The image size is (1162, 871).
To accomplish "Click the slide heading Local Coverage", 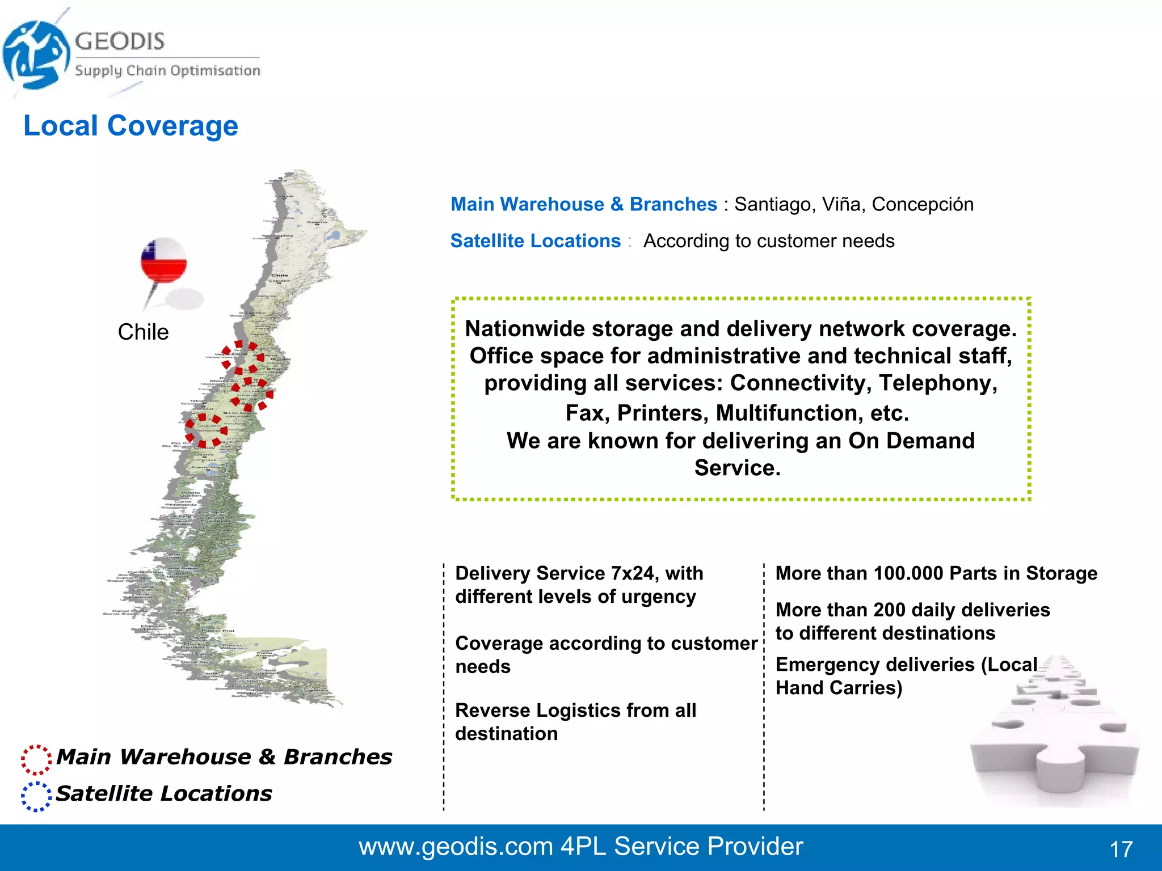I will [130, 126].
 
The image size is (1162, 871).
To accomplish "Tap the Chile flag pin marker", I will [164, 260].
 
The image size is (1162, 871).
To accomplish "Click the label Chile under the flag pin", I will [143, 332].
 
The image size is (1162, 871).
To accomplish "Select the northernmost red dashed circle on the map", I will [243, 358].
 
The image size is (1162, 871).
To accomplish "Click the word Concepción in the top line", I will [922, 204].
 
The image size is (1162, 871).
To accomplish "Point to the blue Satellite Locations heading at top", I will [535, 241].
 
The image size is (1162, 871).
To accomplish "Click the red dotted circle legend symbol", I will [36, 759].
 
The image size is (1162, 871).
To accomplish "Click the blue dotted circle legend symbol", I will [36, 796].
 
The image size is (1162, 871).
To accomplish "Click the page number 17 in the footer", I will [1121, 849].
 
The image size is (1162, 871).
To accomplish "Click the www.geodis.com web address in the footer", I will [456, 847].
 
